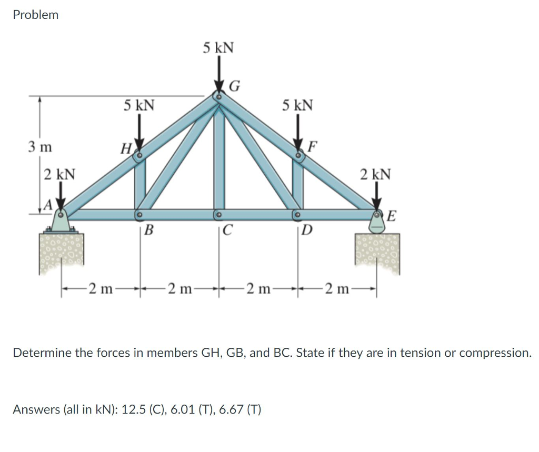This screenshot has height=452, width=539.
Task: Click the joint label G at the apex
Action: (x=235, y=86)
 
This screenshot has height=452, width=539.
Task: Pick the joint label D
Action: (x=307, y=229)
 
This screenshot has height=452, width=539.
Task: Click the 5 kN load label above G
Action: (x=218, y=48)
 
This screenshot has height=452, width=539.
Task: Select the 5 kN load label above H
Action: (x=139, y=105)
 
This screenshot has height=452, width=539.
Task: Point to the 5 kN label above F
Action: (x=297, y=105)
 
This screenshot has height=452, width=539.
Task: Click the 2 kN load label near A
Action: (x=59, y=174)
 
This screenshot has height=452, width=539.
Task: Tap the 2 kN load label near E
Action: (x=375, y=174)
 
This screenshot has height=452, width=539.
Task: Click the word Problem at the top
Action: (x=35, y=15)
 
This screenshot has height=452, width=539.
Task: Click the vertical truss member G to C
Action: (x=219, y=158)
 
